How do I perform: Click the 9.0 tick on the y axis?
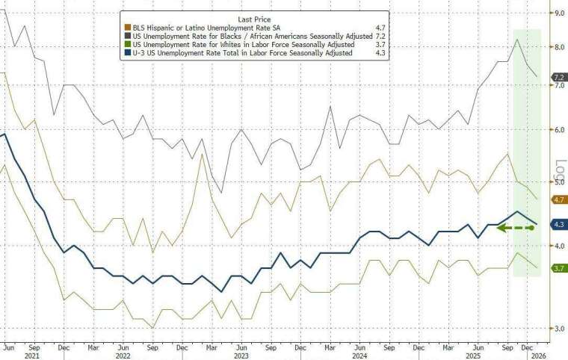click(x=558, y=13)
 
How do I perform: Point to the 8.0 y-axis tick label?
click(x=558, y=46)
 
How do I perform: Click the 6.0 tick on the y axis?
click(x=558, y=130)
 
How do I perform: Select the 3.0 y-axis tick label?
click(x=558, y=328)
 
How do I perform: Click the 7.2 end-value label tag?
click(x=558, y=77)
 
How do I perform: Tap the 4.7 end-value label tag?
click(x=558, y=199)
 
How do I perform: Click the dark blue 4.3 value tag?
click(x=558, y=224)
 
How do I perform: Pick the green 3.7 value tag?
click(x=558, y=267)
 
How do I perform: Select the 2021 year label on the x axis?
click(x=31, y=356)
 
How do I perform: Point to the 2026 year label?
click(x=538, y=356)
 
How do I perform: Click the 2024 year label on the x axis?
click(x=360, y=356)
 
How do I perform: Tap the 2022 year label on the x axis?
click(x=122, y=356)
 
